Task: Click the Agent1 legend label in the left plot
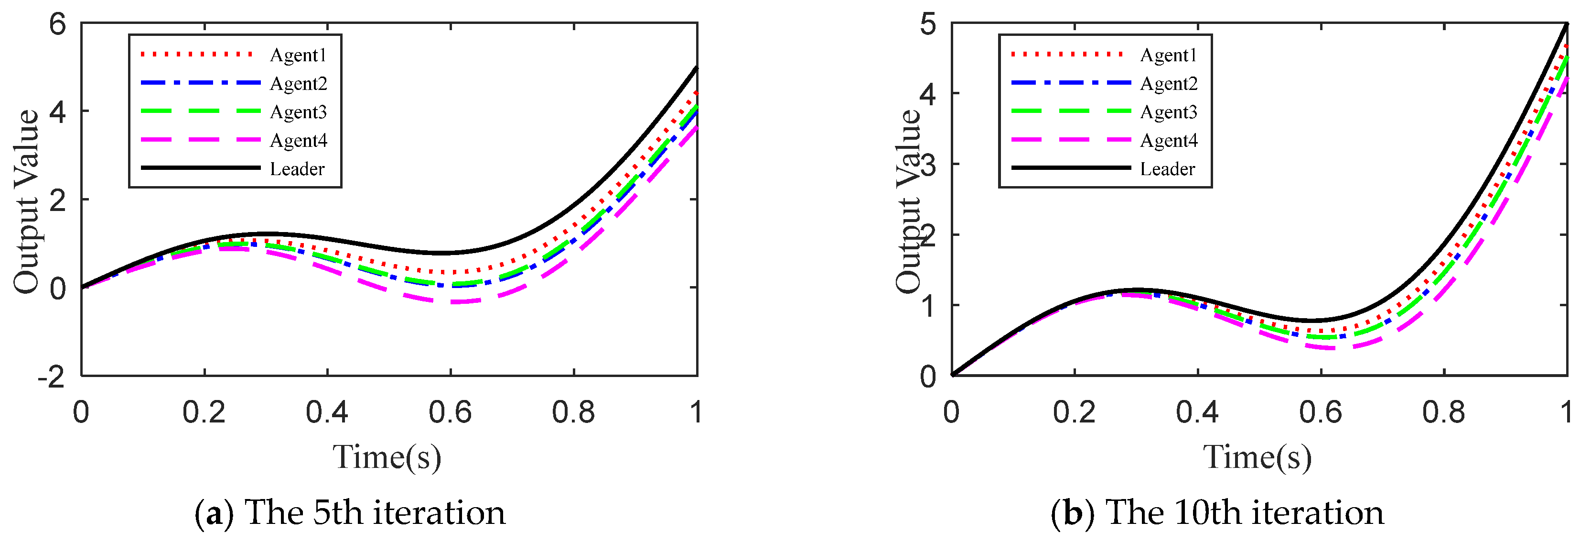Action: point(298,55)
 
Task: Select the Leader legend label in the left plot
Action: point(297,169)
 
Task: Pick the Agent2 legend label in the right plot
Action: point(1169,83)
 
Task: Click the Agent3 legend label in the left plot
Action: point(298,112)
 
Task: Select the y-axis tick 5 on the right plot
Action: point(928,25)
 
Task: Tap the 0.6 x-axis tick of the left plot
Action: point(450,412)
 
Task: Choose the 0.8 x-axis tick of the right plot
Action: point(1443,412)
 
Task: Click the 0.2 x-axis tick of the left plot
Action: point(204,412)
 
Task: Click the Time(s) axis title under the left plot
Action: point(387,458)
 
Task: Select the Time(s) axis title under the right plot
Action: point(1258,458)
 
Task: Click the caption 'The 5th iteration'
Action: point(376,513)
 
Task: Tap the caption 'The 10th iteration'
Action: point(1245,513)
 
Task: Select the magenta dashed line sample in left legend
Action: point(201,140)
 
